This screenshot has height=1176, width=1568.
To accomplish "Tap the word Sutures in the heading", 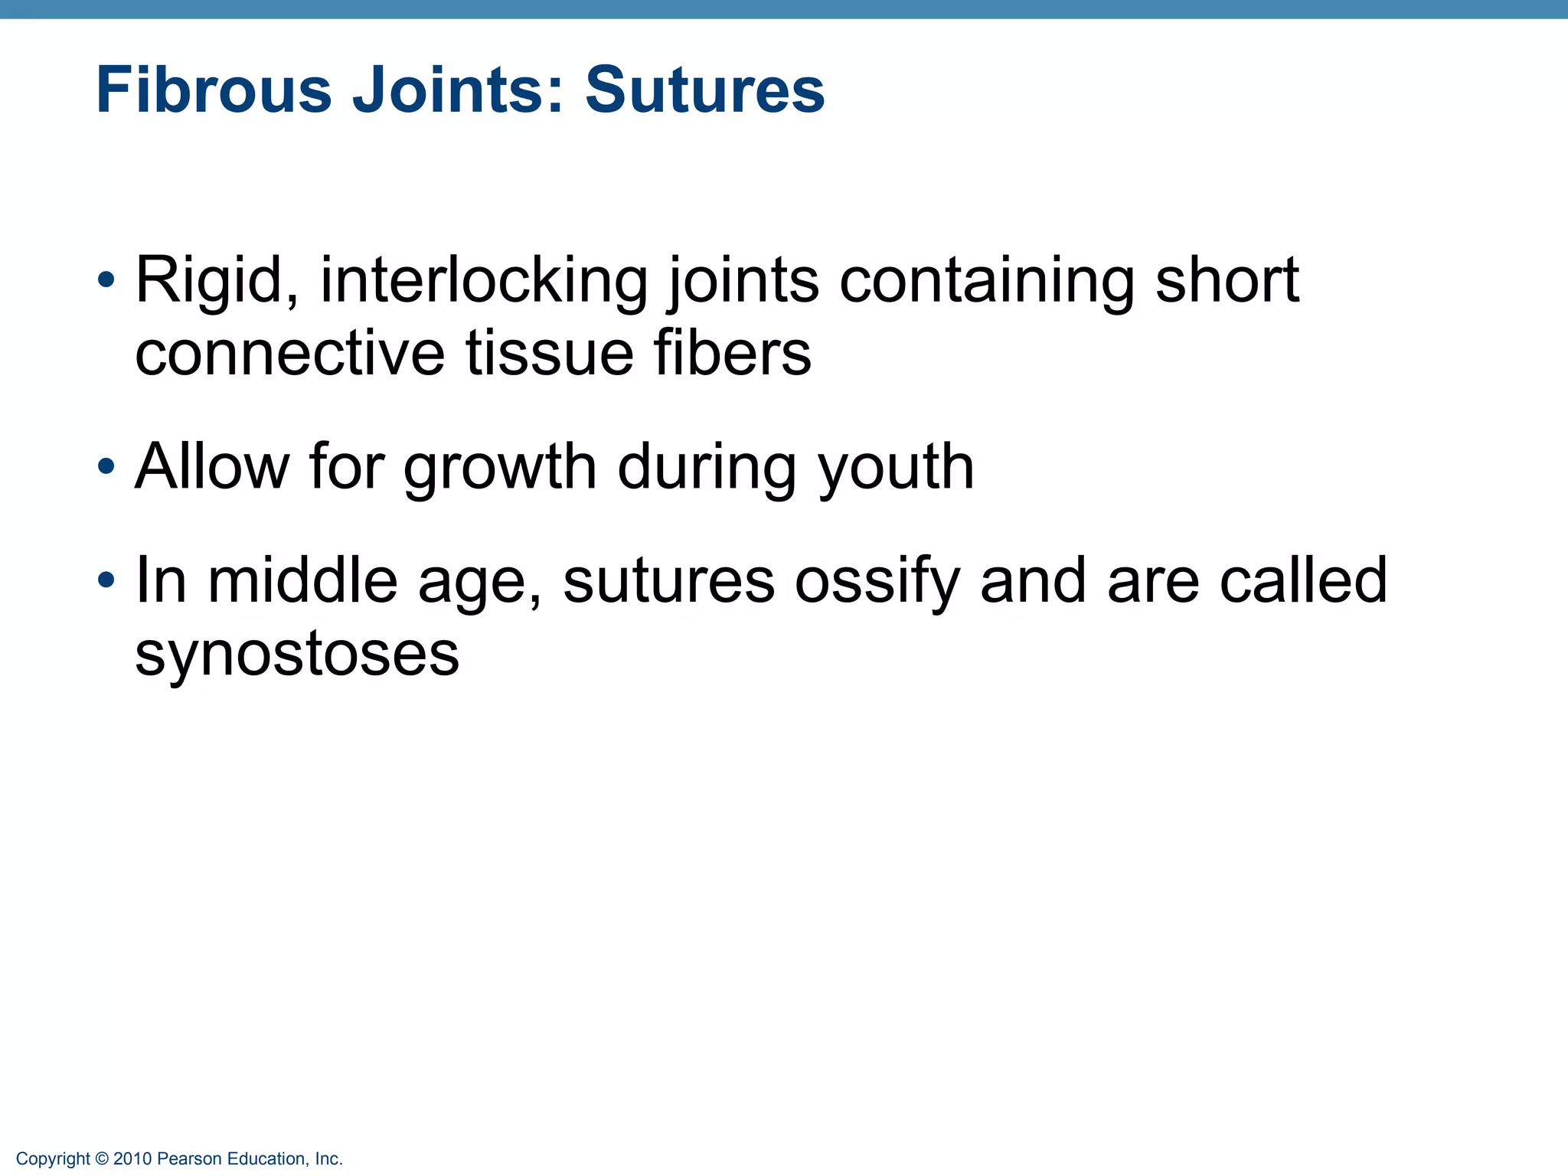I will point(704,90).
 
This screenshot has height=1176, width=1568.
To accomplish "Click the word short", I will point(1227,280).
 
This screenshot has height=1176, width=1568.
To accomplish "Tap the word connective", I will point(289,354).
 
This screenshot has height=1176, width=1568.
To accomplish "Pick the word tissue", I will point(548,354).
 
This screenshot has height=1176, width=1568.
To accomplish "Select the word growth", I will point(499,468).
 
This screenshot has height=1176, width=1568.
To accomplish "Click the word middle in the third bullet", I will point(302,580).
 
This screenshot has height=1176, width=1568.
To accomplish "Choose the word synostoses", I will point(297,654).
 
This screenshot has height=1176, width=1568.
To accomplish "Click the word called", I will point(1303,580).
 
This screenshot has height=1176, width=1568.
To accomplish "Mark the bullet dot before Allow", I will point(106,465).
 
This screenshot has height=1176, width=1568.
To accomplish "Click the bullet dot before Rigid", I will point(106,279).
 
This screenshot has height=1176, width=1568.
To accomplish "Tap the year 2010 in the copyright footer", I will point(133,1159).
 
